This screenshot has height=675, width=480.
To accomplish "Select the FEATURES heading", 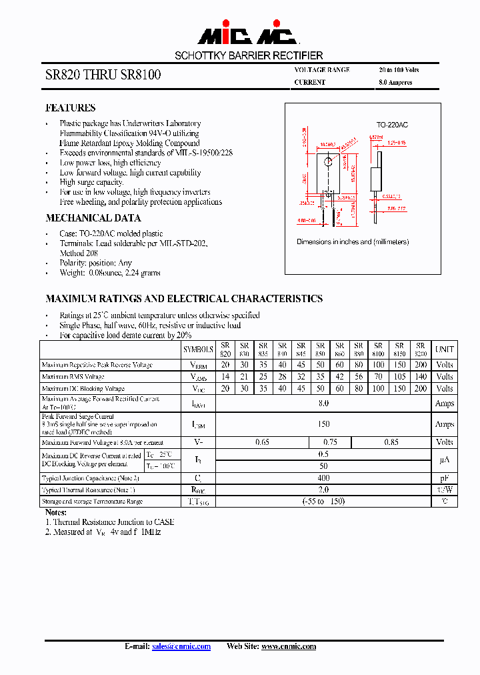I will pos(70,107).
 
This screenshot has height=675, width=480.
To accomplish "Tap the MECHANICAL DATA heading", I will pos(93,218).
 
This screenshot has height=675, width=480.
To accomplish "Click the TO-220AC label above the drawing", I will pos(392,125).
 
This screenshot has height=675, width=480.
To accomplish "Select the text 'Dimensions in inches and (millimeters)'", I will pos(353,242).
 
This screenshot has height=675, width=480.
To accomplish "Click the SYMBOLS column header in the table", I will pos(198,349).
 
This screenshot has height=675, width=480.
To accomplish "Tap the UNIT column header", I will pos(444,349).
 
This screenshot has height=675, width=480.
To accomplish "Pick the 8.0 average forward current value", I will pos(323,403).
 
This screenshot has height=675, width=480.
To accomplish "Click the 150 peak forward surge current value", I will pos(323,424).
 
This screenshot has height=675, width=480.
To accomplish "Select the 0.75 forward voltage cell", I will pos(330,442).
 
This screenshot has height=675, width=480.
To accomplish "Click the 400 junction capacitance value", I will pos(323,478).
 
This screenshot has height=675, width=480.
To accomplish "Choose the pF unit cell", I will pos(444,478).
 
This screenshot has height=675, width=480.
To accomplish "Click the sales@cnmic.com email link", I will pos(181,646).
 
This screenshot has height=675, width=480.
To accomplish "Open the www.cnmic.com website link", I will pos(288,646).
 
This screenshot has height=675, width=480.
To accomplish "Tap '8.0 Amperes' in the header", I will pos(395,83).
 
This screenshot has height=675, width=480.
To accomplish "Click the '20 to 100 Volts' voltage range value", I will pos(399,70).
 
